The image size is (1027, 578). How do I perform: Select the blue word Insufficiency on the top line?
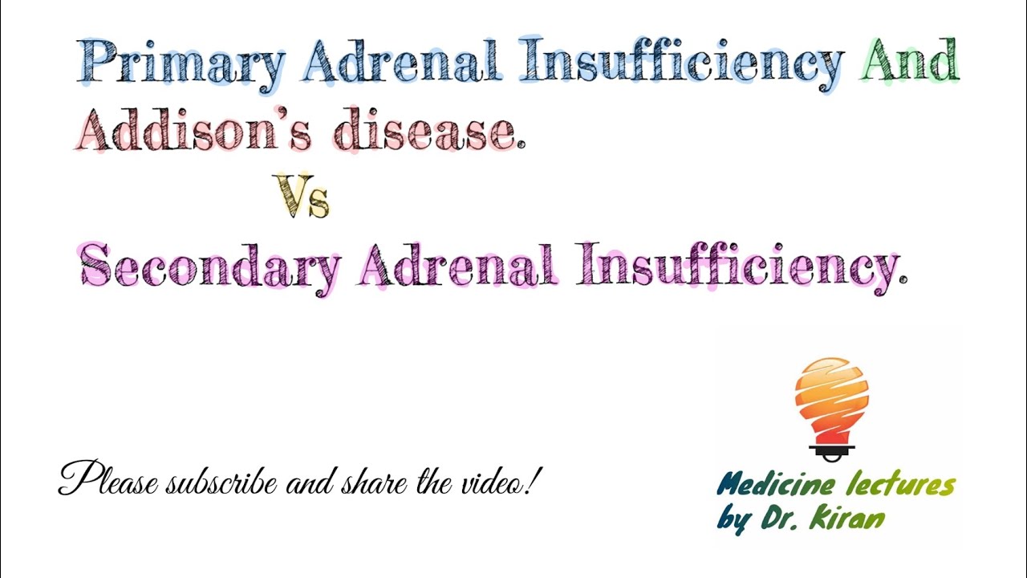click(x=680, y=63)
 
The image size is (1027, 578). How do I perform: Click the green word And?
click(x=910, y=61)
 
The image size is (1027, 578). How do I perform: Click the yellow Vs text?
click(x=302, y=197)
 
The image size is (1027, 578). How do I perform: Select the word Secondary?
click(x=210, y=267)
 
